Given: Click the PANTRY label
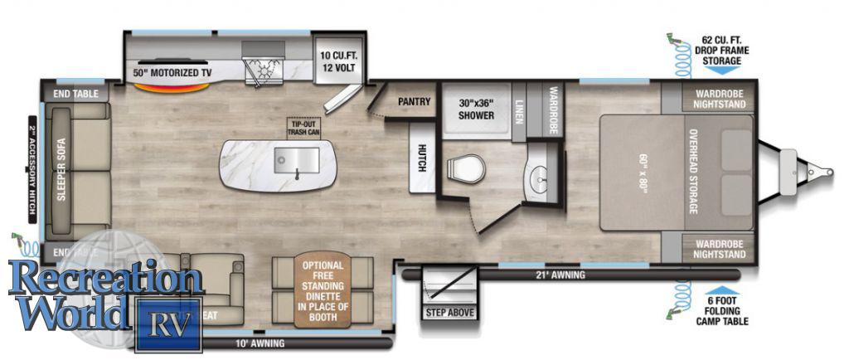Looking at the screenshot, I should pyautogui.click(x=414, y=102).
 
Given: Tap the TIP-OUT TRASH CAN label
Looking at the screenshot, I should pyautogui.click(x=303, y=127).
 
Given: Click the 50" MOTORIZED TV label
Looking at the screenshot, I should pyautogui.click(x=172, y=73).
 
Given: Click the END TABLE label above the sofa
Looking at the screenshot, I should pyautogui.click(x=75, y=94).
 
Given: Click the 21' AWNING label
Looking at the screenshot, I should pyautogui.click(x=561, y=275).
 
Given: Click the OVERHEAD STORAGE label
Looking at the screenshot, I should pyautogui.click(x=693, y=171).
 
